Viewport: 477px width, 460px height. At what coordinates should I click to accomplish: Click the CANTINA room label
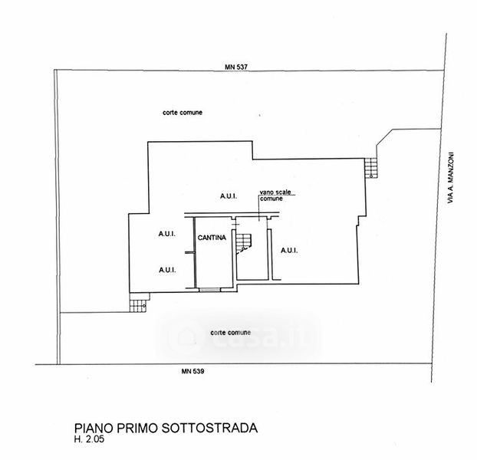coord(212,238)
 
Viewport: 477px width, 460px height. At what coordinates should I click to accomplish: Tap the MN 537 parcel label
coord(238,68)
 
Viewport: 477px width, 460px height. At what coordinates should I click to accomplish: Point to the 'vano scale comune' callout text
coord(275,195)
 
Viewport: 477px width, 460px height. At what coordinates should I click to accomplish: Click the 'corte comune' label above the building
coord(183,113)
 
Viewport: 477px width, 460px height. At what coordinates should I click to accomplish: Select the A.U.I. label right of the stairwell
coord(289,251)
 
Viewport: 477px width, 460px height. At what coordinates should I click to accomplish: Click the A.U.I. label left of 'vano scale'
coord(229,196)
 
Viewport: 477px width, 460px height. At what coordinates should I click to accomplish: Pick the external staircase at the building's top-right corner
coord(371,166)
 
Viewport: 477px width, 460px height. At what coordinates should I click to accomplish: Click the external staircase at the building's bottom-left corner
coord(137,305)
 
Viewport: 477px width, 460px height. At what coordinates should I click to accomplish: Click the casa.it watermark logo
coord(238,335)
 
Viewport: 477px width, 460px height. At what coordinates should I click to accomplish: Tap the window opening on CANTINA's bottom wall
coord(208,289)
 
